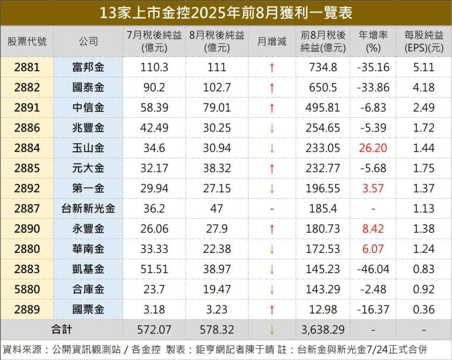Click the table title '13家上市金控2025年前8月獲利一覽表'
[x=225, y=12]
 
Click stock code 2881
[x=27, y=67]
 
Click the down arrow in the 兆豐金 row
[x=271, y=128]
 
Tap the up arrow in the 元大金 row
[x=271, y=168]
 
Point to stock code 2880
[x=27, y=249]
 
